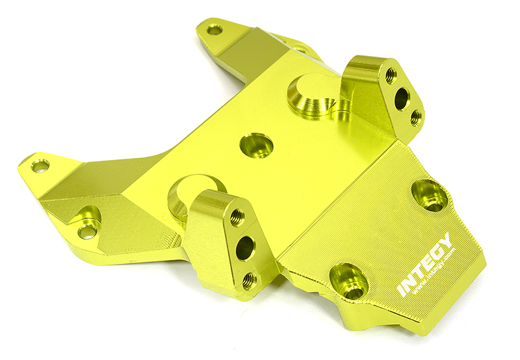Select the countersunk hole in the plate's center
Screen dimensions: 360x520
(256, 145)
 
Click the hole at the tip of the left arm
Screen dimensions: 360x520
(40, 166)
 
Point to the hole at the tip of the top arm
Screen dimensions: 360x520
(214, 29)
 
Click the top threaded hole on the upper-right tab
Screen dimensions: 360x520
(391, 75)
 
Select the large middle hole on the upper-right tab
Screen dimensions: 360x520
(402, 98)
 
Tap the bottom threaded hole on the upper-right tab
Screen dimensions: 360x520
(415, 118)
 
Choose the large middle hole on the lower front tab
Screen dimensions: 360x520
(244, 248)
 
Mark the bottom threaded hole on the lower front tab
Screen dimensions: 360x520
(250, 280)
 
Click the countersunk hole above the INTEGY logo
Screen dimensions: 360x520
(430, 194)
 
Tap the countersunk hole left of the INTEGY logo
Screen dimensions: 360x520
(349, 281)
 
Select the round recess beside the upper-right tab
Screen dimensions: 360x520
(310, 96)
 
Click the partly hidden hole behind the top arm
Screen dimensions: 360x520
(300, 49)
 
